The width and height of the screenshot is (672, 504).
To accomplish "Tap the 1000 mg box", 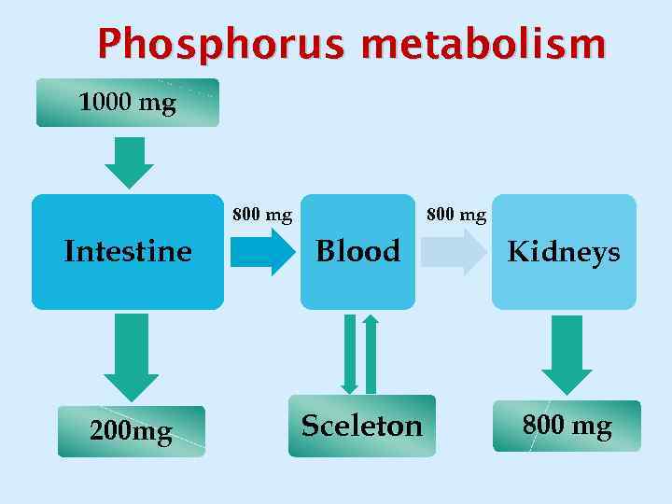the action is click(128, 103).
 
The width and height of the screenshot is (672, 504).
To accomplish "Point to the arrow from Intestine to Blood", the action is click(262, 252).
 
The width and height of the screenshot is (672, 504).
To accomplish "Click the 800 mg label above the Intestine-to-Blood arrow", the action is click(262, 216).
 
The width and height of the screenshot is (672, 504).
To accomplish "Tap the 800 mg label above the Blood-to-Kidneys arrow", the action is click(456, 216).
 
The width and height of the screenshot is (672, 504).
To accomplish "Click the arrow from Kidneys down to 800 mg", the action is click(567, 354).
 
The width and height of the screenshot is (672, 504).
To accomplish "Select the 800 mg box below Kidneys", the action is click(567, 427).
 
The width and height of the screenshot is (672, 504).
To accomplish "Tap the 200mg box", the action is click(132, 431).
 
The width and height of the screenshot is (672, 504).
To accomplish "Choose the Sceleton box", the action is click(361, 426).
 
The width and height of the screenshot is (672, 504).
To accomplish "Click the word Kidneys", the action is click(564, 252).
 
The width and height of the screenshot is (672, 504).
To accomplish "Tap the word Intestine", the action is click(128, 250).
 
